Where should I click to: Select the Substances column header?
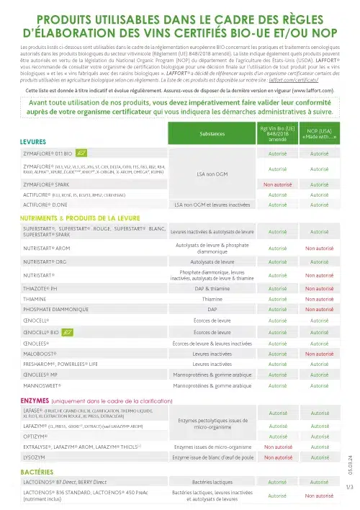coord(211,134)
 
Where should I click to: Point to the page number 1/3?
coord(349,488)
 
